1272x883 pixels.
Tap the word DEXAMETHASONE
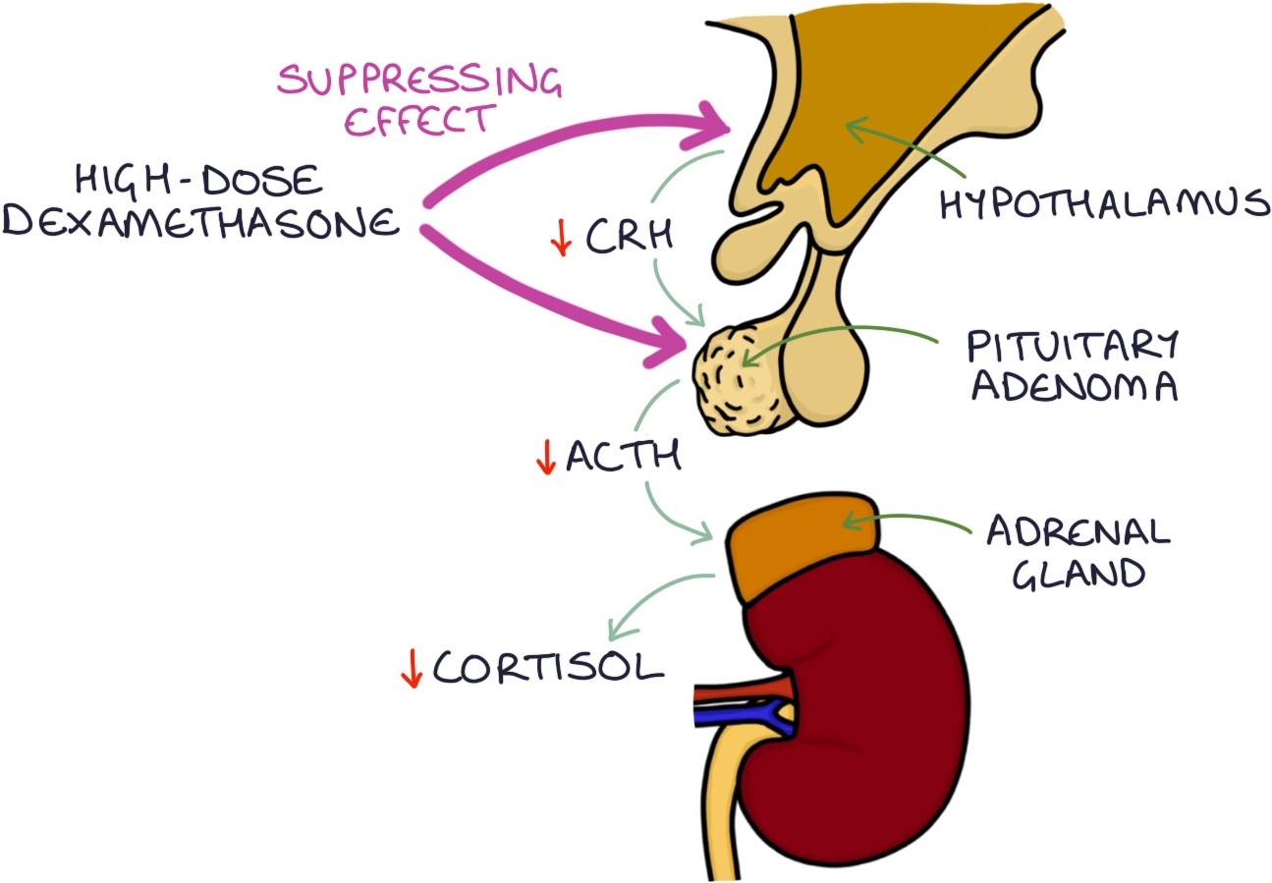pos(201,224)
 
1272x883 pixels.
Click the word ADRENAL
pos(1078,532)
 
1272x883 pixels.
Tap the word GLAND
pos(1078,572)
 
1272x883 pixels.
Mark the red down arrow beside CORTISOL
pos(411,669)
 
